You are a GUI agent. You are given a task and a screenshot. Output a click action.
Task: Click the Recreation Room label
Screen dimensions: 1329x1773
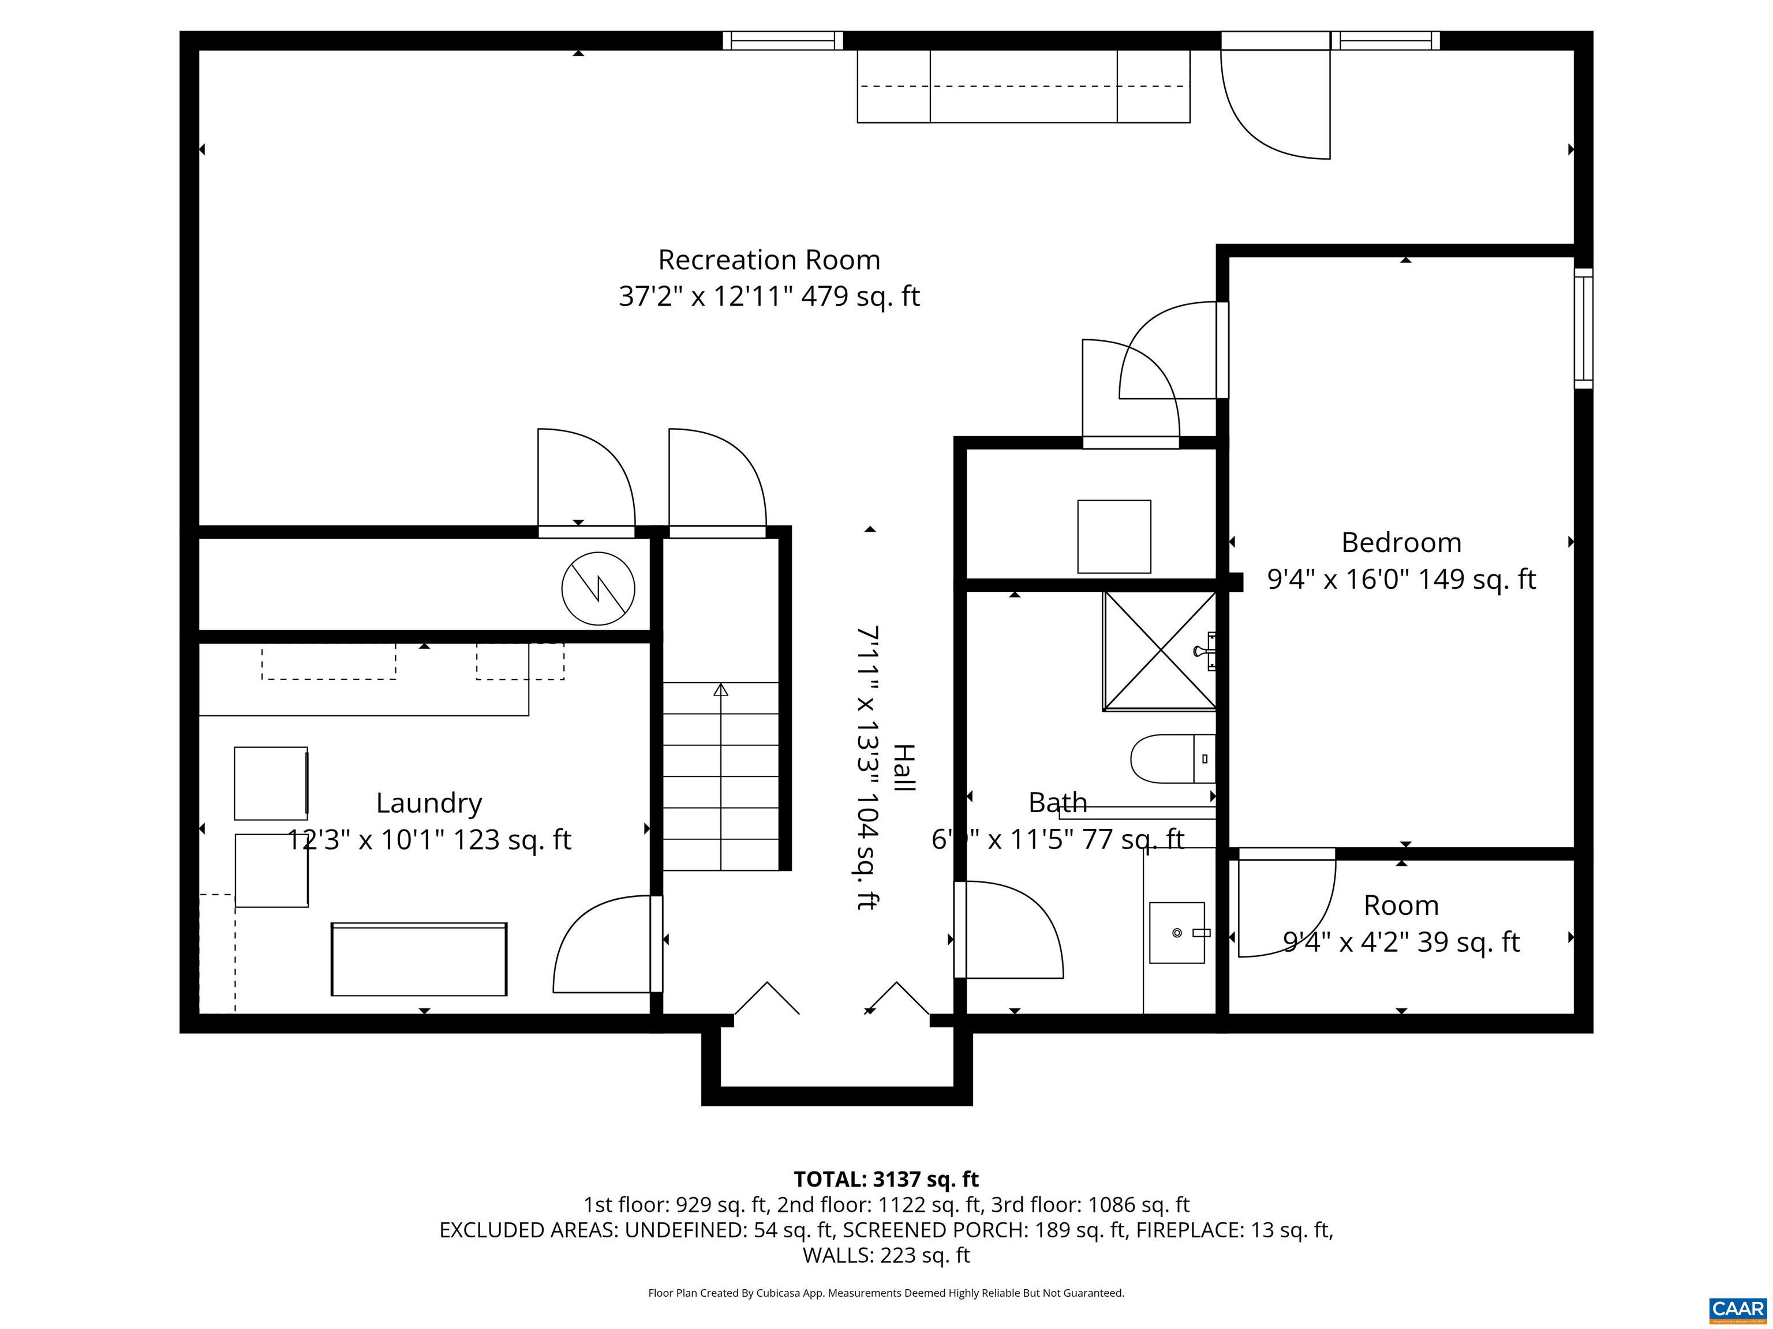[769, 260]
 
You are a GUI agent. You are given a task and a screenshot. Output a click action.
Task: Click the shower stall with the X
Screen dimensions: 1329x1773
[1159, 651]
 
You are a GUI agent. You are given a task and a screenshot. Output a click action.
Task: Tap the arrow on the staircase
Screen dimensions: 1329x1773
[721, 690]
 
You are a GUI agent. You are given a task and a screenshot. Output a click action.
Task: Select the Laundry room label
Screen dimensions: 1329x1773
[429, 803]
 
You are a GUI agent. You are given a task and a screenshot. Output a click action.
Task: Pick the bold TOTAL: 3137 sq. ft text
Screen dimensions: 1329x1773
[886, 1179]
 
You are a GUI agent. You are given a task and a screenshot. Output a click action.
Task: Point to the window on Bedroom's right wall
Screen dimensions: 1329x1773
[1583, 328]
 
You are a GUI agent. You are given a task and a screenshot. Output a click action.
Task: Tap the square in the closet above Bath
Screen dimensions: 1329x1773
[1113, 536]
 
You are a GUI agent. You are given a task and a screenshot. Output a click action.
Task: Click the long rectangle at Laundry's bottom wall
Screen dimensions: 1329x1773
[418, 959]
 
